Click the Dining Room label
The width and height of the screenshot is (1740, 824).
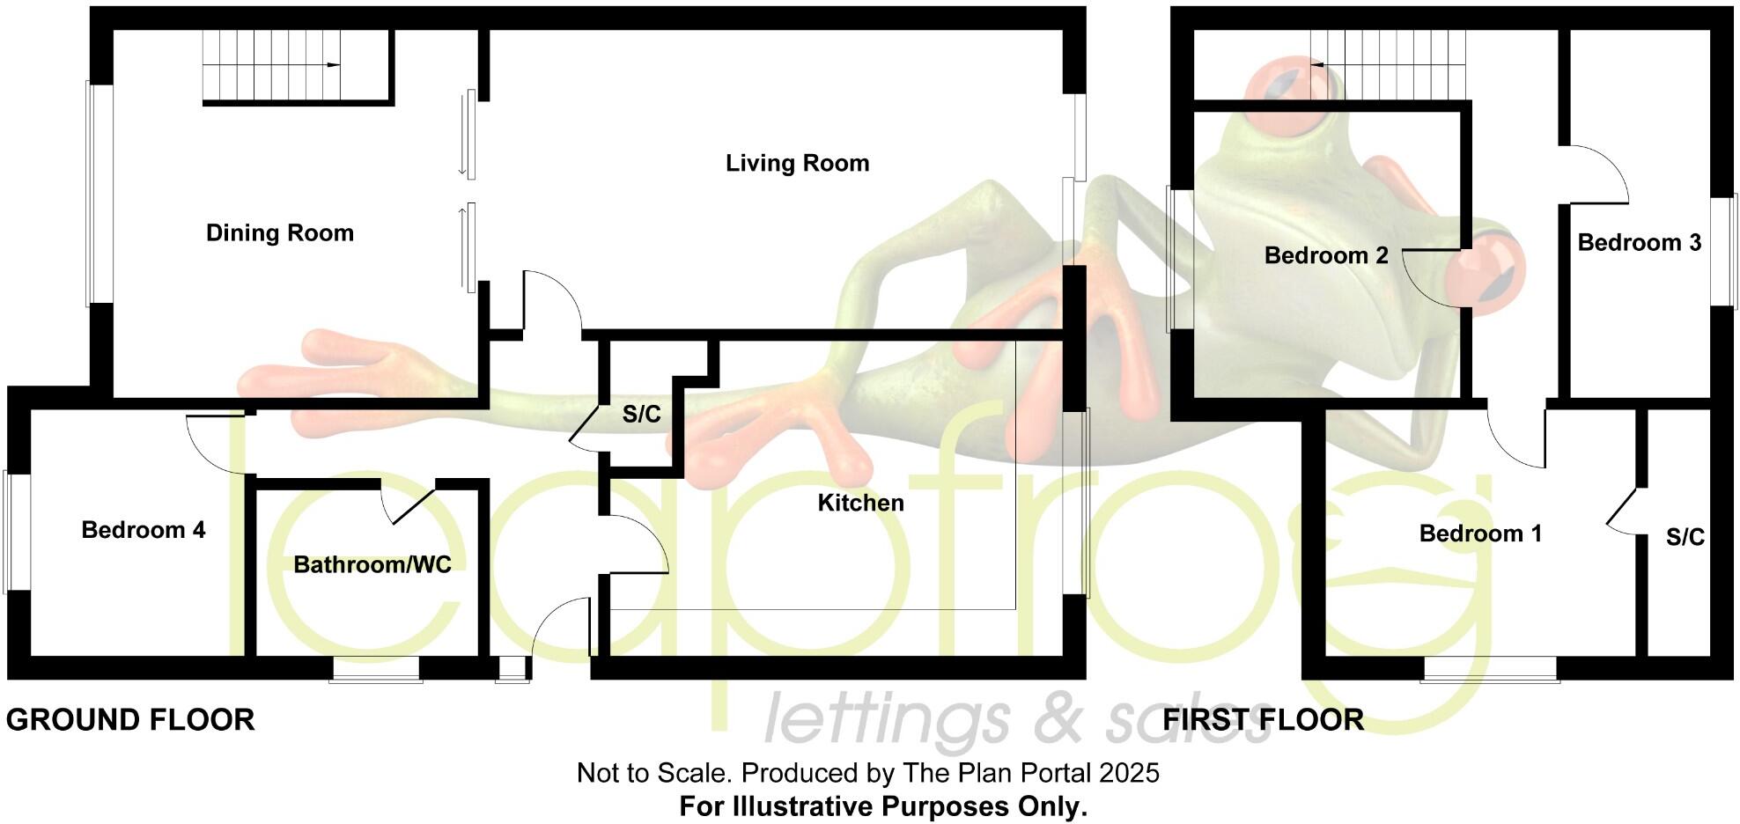point(279,233)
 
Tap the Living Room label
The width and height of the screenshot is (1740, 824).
point(797,164)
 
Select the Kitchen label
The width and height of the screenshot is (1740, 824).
point(860,504)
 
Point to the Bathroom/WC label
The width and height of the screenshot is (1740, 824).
point(372,564)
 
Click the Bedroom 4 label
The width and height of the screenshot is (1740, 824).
point(143,530)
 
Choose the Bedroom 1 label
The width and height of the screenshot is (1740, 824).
point(1480,533)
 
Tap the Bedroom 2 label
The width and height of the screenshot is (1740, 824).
point(1325,256)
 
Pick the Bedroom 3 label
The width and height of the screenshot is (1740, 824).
point(1639,243)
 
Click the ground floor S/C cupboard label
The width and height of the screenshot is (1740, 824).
point(641,415)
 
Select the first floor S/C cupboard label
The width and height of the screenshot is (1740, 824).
point(1685,537)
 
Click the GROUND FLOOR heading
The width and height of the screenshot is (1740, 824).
point(130,720)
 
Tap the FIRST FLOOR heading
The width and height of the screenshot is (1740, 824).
point(1263,720)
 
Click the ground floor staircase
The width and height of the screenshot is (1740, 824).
point(272,66)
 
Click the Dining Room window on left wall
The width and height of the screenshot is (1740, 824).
point(99,194)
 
